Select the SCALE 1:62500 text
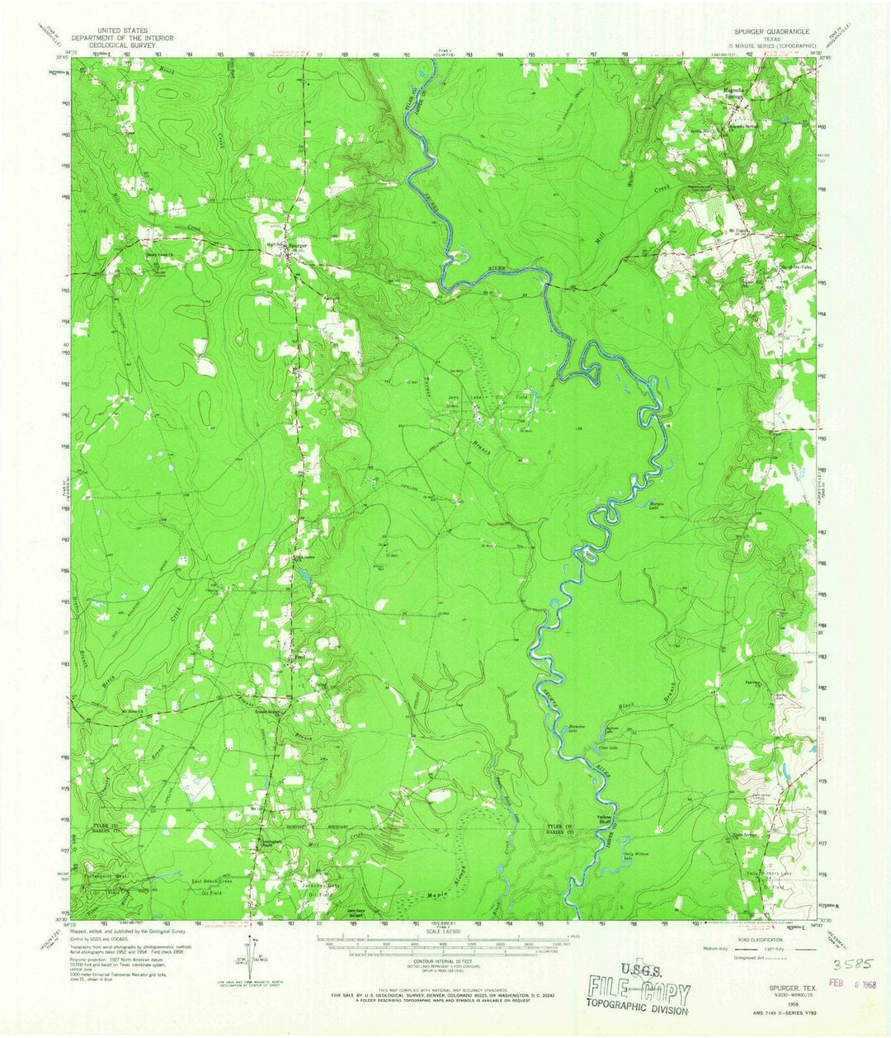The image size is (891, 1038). click(444, 932)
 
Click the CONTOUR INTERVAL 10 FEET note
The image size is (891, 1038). click(444, 961)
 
